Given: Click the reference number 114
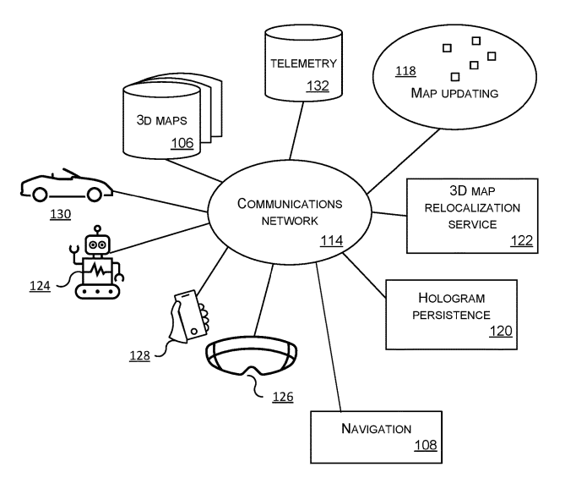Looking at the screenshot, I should click(331, 241).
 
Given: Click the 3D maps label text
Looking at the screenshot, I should click(162, 119).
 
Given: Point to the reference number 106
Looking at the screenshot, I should click(182, 142).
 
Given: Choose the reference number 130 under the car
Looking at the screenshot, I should click(60, 214).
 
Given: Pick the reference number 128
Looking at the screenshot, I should click(140, 355).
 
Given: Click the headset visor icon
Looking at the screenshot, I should click(253, 356).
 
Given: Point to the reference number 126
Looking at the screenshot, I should click(282, 395).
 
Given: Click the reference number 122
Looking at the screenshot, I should click(521, 240).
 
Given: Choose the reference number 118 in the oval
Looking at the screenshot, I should click(405, 71).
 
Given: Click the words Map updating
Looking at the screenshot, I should click(454, 91).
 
